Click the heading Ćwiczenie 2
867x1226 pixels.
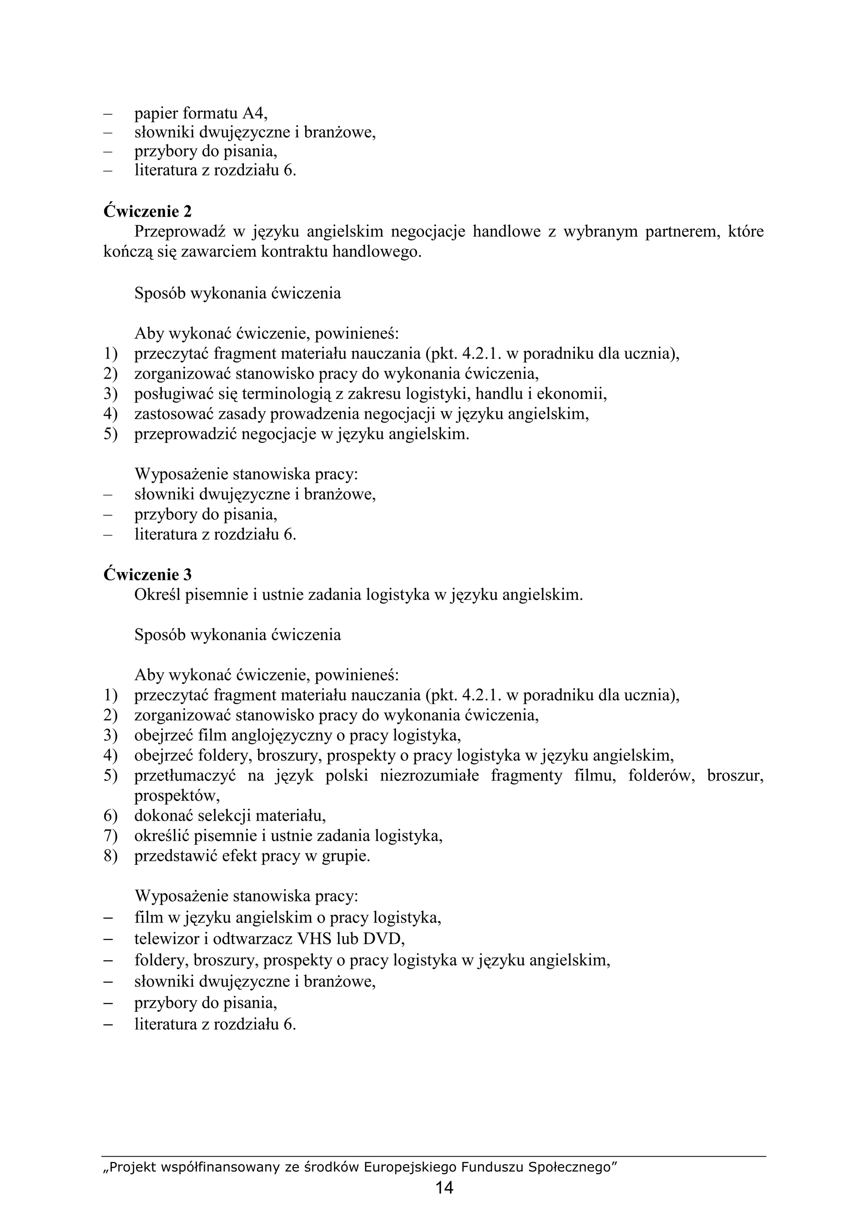pos(147,212)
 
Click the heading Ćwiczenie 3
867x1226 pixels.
pos(147,575)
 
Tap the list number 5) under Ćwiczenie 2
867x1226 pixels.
pos(110,434)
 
